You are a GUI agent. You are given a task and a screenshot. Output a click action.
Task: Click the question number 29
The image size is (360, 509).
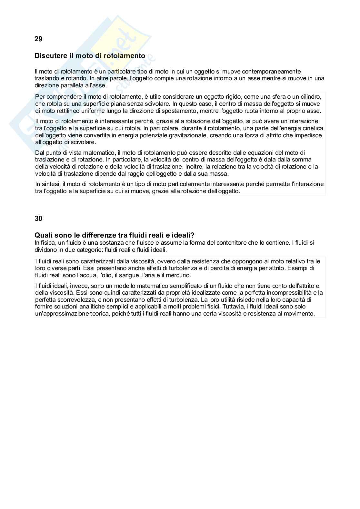tap(38, 39)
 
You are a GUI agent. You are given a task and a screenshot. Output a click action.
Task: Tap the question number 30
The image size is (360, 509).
tap(38, 219)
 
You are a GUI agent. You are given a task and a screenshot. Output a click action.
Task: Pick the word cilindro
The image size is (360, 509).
tap(310, 97)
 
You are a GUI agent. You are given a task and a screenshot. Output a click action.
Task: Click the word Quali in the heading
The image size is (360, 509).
tap(43, 235)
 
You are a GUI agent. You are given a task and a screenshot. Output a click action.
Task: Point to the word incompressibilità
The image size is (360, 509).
tap(289, 293)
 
